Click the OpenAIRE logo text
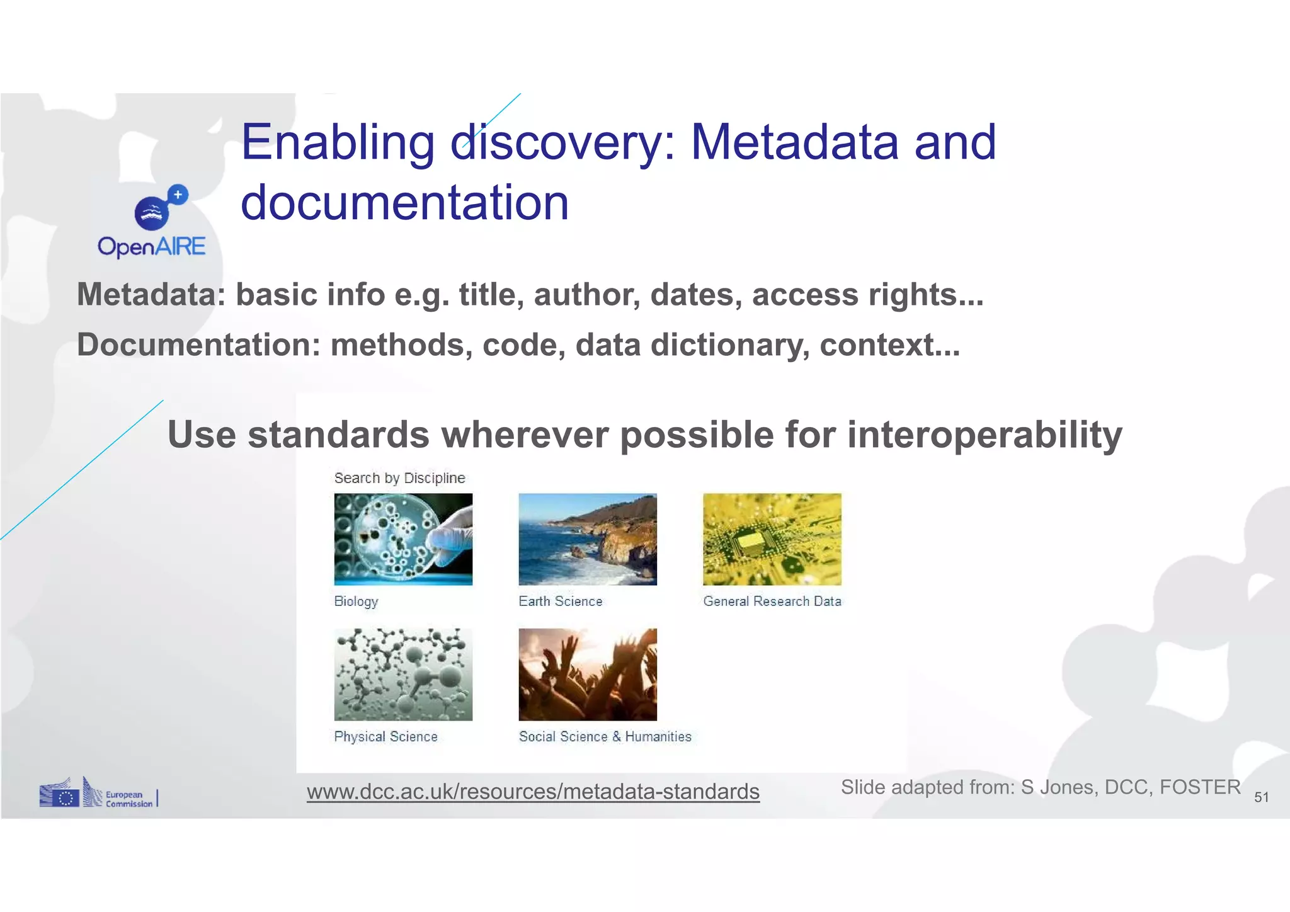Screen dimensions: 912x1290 151,246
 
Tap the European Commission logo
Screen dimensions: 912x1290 97,794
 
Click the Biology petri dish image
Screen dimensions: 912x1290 403,539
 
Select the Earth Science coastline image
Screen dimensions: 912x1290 587,539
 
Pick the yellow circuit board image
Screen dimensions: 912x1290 772,539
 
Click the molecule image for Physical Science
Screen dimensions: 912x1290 403,674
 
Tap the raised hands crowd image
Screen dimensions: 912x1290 587,674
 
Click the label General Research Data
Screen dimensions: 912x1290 772,601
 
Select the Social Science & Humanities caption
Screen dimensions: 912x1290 605,736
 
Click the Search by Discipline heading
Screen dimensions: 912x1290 399,478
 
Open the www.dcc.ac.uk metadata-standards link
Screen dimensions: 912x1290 533,791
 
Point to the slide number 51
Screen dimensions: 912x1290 1261,797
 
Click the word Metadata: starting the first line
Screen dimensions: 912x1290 151,295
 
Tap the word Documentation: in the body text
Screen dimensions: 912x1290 199,345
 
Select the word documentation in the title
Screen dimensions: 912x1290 404,203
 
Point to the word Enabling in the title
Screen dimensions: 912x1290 338,142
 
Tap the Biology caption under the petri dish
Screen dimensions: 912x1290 356,601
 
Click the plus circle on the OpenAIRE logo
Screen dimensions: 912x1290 178,195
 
